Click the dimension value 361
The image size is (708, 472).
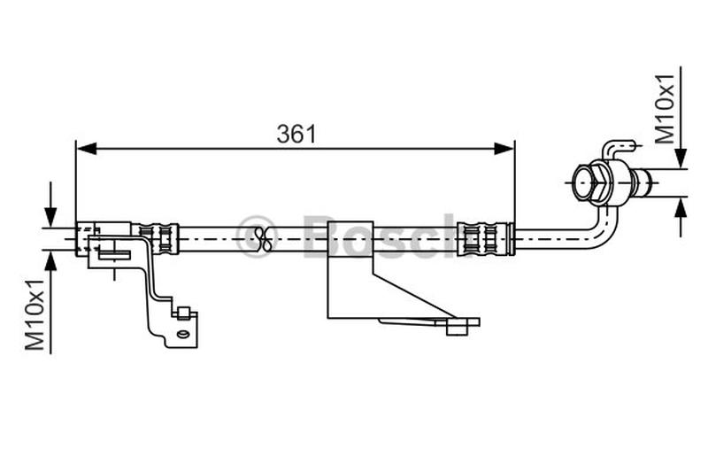click(x=296, y=135)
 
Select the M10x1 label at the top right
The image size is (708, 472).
click(x=666, y=108)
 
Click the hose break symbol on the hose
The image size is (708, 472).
click(x=262, y=236)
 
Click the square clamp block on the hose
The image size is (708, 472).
click(x=349, y=238)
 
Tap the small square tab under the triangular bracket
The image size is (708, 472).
click(x=458, y=327)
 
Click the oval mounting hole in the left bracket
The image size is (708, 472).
click(x=182, y=335)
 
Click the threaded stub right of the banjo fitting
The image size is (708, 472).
click(x=646, y=184)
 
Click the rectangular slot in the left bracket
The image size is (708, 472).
click(x=114, y=255)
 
